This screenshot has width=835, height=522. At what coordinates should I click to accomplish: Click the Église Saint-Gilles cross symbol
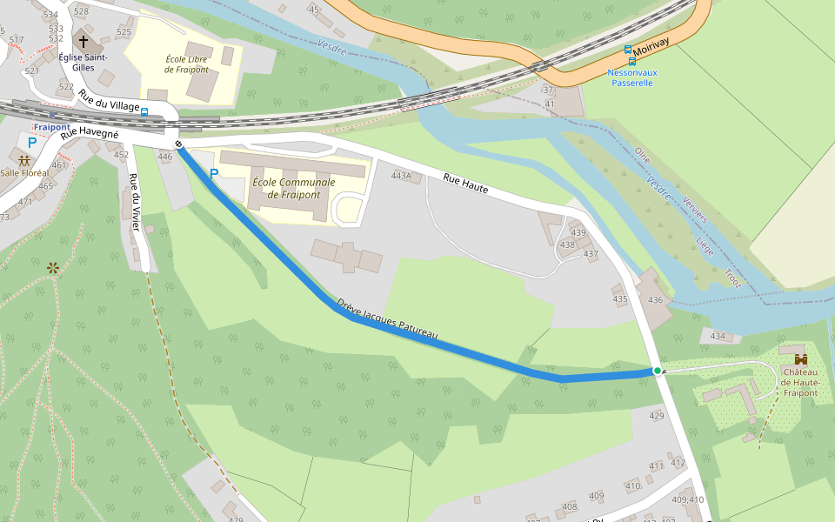84,41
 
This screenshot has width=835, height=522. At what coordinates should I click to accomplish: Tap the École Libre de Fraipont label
187,64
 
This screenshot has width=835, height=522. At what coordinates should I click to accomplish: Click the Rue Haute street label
465,183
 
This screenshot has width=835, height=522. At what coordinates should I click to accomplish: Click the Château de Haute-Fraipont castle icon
800,359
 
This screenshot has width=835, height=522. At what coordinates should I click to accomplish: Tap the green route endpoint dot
658,371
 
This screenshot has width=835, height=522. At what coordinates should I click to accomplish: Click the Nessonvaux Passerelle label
631,78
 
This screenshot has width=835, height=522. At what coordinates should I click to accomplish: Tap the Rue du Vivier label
135,203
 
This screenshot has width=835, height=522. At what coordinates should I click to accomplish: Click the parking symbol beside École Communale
214,174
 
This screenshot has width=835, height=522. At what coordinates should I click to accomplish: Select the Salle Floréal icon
24,160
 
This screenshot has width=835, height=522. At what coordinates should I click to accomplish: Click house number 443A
401,176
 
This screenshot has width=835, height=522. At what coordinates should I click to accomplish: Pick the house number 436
656,300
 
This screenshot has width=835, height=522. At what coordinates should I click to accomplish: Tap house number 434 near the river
718,336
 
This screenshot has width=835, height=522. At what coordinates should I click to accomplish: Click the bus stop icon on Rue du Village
144,112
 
